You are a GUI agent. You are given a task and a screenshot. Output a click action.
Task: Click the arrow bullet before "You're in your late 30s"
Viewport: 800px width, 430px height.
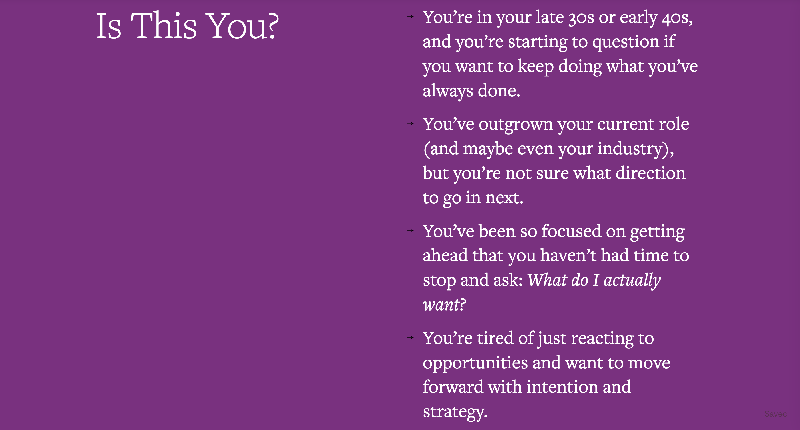point(410,17)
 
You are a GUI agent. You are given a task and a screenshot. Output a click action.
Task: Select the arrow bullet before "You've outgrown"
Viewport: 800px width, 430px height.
point(410,123)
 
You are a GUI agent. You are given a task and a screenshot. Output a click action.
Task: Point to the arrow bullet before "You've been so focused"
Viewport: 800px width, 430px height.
point(410,230)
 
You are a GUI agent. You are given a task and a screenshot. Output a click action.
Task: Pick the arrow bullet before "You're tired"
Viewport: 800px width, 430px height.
point(410,338)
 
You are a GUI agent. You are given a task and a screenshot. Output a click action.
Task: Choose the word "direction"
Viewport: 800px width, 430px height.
point(650,173)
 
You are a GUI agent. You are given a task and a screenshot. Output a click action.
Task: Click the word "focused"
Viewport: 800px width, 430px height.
point(571,232)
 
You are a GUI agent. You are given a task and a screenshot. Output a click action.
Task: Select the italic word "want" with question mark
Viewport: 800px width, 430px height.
point(444,305)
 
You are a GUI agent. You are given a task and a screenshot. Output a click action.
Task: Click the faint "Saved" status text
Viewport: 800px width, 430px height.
point(776,414)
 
